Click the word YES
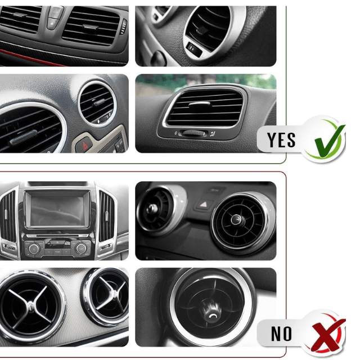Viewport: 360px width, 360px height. (x=281, y=140)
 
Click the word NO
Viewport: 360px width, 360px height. (x=281, y=334)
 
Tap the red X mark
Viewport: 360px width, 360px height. (x=328, y=334)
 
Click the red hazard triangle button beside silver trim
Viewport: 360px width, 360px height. (x=84, y=146)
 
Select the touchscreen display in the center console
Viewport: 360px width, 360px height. (x=57, y=209)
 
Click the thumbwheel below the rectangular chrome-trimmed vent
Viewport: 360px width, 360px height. (x=193, y=133)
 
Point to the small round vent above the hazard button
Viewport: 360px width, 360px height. (x=97, y=103)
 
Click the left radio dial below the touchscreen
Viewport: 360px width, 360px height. (x=34, y=249)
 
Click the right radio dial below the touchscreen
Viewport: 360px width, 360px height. (x=81, y=249)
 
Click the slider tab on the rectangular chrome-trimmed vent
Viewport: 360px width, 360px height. (x=199, y=104)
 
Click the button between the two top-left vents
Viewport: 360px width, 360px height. (x=54, y=18)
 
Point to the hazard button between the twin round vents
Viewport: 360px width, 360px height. (x=204, y=204)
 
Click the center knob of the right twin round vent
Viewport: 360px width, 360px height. (x=236, y=219)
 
